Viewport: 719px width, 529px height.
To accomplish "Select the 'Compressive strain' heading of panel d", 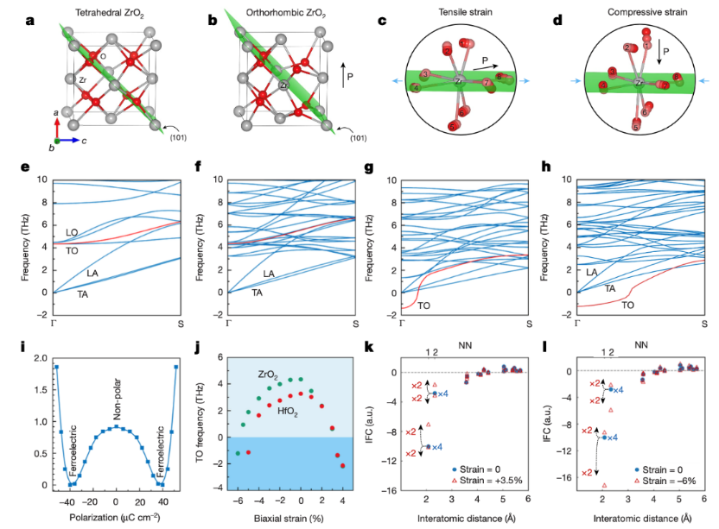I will pyautogui.click(x=639, y=15).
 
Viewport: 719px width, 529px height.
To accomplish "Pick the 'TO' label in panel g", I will pyautogui.click(x=425, y=305).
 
